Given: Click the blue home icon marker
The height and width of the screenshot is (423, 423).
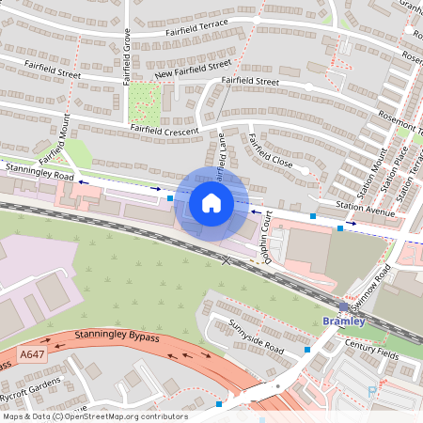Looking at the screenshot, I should (211, 203).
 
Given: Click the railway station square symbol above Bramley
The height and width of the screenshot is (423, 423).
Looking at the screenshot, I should (344, 307).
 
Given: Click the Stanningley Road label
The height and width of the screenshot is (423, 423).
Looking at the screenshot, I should (38, 171).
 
